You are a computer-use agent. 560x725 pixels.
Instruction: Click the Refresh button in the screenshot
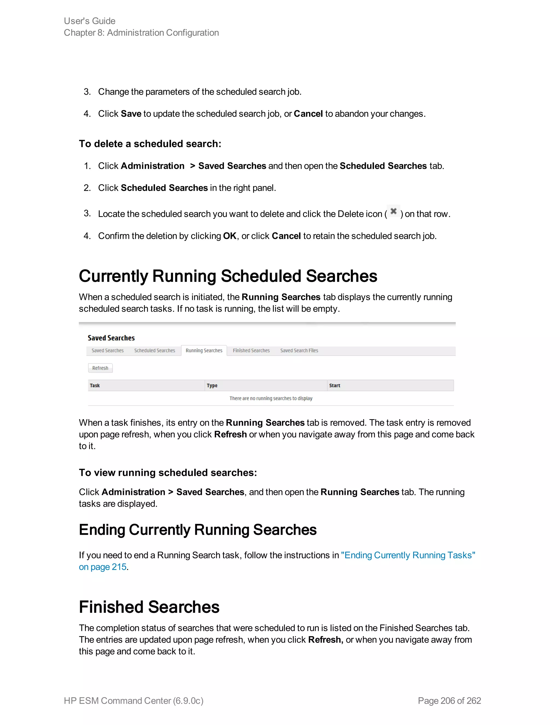coord(100,368)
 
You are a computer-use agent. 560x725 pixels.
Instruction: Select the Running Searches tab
coord(204,350)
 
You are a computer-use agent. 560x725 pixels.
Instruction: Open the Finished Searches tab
coord(251,350)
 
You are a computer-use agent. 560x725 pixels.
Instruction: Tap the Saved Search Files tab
coord(299,350)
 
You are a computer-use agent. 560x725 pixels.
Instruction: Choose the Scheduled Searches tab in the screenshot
coord(154,350)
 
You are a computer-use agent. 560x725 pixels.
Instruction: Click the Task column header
coord(95,385)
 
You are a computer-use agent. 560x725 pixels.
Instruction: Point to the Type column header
coord(212,385)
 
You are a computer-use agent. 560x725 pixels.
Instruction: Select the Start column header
coord(334,385)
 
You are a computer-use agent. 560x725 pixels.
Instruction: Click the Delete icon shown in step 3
coord(393,211)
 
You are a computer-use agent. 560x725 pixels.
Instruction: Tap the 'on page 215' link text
coord(103,567)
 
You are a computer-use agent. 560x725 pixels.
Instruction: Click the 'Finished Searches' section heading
coord(149,607)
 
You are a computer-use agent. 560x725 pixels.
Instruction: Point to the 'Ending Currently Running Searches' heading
coord(197,530)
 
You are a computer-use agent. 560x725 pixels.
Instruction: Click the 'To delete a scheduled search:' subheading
coord(150,144)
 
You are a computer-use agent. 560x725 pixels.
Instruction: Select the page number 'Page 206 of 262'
coord(449,701)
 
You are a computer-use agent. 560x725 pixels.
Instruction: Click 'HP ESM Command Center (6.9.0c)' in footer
coord(133,701)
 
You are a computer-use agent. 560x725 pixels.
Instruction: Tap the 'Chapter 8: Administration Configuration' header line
coord(141,33)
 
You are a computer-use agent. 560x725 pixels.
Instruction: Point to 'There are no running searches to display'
coord(271,398)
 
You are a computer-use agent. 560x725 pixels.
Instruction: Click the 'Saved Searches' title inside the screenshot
coord(111,338)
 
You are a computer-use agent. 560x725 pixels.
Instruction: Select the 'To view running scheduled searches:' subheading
coord(168,473)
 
